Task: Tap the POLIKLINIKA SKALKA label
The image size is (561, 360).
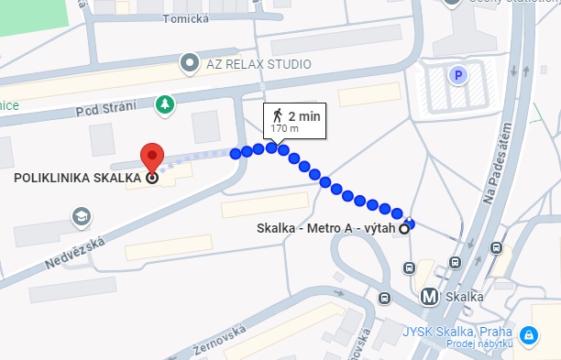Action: [x=78, y=179]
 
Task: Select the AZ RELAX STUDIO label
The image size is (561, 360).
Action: [x=258, y=63]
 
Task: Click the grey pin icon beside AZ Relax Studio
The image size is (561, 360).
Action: [x=190, y=63]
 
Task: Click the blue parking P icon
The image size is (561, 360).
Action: [x=455, y=75]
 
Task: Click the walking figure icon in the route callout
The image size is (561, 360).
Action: [x=277, y=115]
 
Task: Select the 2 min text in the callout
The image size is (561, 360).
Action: [x=304, y=115]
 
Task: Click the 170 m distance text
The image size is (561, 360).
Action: [x=285, y=129]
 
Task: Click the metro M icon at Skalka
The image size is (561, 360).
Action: [x=429, y=297]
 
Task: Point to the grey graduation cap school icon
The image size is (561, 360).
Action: [x=82, y=216]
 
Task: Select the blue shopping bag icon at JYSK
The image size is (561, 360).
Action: [x=528, y=336]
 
